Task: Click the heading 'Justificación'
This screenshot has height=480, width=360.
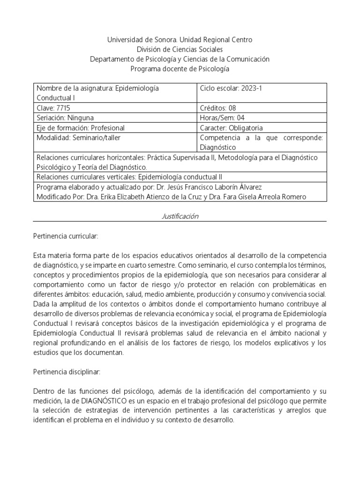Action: tap(180, 216)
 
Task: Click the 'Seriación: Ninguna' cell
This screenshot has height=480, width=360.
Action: tap(68, 118)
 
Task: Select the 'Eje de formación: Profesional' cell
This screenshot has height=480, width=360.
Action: tap(81, 127)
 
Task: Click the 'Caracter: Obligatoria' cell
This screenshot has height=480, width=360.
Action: tap(232, 127)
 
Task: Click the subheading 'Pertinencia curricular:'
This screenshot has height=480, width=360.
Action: tap(66, 237)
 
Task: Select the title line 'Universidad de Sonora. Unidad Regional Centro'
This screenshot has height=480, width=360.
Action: tap(180, 40)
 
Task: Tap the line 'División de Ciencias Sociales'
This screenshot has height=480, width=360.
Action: tap(180, 49)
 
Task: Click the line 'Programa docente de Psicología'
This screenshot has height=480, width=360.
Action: tap(180, 68)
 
